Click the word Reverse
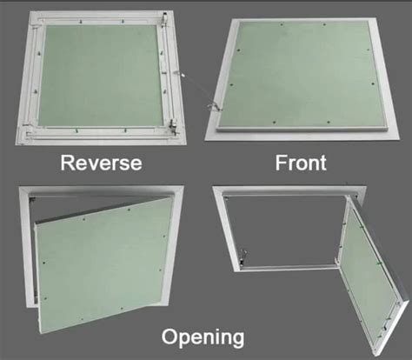pyautogui.click(x=101, y=163)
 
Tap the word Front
pyautogui.click(x=301, y=163)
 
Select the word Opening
pyautogui.click(x=203, y=337)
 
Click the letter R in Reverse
pyautogui.click(x=67, y=163)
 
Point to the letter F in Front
pyautogui.click(x=281, y=163)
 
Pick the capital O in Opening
pyautogui.click(x=169, y=337)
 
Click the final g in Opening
pyautogui.click(x=237, y=340)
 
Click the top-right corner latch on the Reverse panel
pyautogui.click(x=164, y=18)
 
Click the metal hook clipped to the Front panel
pyautogui.click(x=213, y=107)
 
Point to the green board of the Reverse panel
pyautogui.click(x=100, y=76)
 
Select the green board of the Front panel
pyautogui.click(x=302, y=74)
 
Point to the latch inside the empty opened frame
pyautogui.click(x=243, y=257)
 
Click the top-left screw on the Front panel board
pyautogui.click(x=239, y=50)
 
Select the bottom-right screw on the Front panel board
pyautogui.click(x=329, y=122)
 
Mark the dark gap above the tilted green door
pyautogui.click(x=96, y=206)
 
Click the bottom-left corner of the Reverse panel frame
pyautogui.click(x=16, y=144)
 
